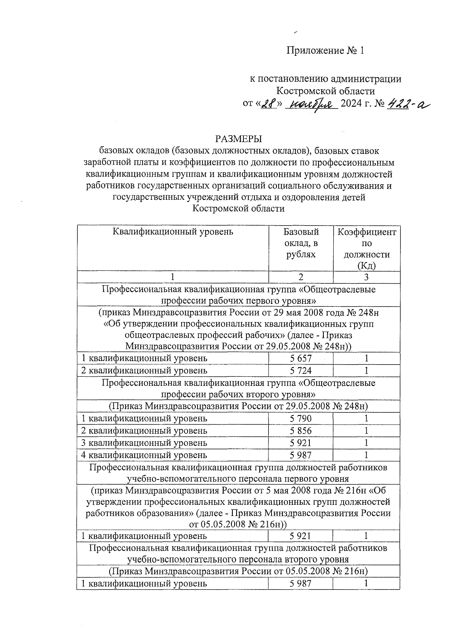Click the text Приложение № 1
point(325,51)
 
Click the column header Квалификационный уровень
point(173,232)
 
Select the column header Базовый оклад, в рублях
point(301,243)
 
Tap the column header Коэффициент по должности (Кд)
point(366,249)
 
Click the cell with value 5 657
point(301,359)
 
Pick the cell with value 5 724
point(301,371)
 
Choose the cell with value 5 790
point(301,419)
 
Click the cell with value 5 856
point(301,431)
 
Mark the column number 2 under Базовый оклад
point(301,277)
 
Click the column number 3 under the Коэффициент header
point(366,277)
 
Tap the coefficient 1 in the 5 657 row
point(366,359)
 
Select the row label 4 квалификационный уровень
point(144,455)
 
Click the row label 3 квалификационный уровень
point(144,443)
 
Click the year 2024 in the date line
point(351,104)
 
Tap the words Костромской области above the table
point(238,209)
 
